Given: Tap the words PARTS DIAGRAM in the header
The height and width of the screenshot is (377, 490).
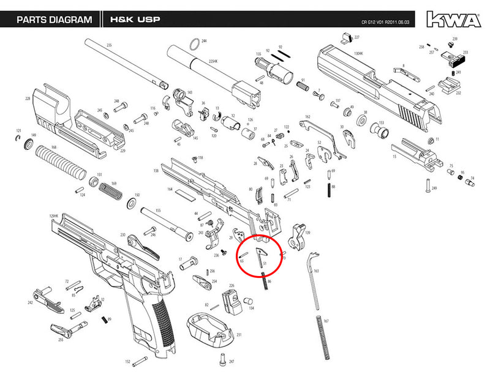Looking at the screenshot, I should click(55, 20).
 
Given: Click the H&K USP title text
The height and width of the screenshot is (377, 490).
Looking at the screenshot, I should click(135, 20).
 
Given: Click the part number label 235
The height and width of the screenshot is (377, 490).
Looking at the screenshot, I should click(110, 46).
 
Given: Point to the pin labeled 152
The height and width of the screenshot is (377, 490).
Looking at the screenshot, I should click(141, 359).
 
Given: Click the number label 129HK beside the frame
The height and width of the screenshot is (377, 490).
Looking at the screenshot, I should click(53, 217).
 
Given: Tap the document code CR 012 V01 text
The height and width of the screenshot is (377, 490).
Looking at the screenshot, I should click(377, 26).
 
